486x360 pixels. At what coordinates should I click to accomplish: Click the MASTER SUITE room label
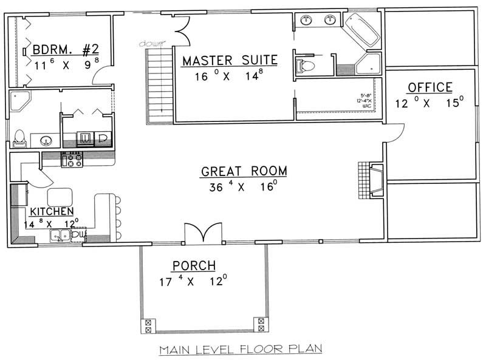pyautogui.click(x=230, y=60)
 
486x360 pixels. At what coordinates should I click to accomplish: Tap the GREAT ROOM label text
pyautogui.click(x=244, y=172)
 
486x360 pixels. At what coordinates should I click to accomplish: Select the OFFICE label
pyautogui.click(x=430, y=88)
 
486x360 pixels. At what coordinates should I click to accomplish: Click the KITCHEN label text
pyautogui.click(x=52, y=211)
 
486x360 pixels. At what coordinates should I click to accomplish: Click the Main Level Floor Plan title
pyautogui.click(x=240, y=350)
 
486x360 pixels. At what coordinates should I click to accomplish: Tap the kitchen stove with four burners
pyautogui.click(x=72, y=161)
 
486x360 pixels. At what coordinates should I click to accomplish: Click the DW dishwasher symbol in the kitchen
pyautogui.click(x=79, y=235)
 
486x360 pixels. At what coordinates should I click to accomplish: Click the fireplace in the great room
pyautogui.click(x=372, y=180)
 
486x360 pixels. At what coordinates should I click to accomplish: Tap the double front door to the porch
pyautogui.click(x=200, y=236)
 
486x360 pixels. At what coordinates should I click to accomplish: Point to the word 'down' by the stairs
pyautogui.click(x=149, y=44)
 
